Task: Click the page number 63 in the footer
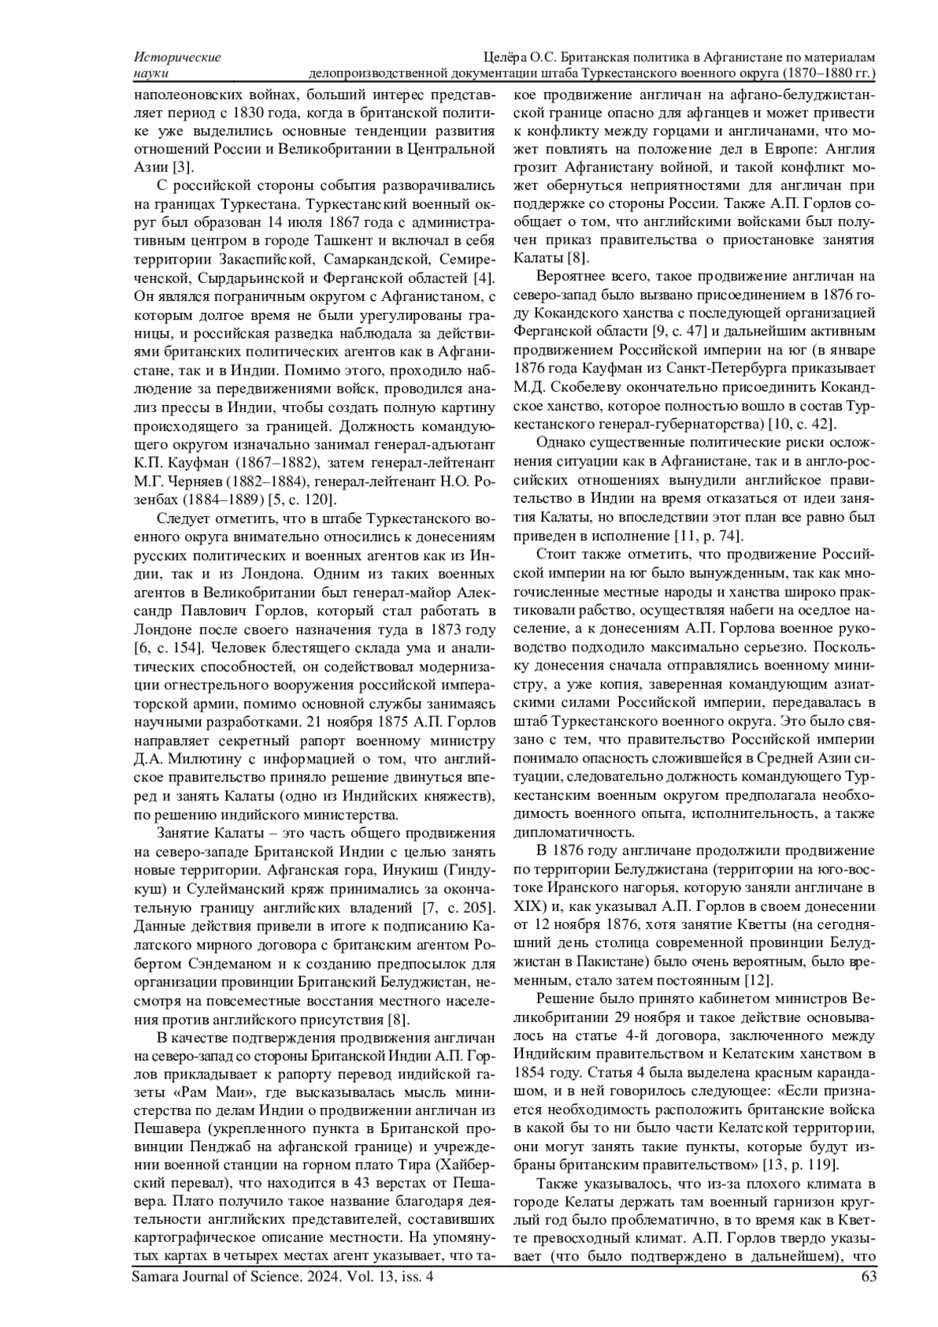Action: (x=867, y=1277)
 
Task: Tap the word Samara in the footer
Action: (x=156, y=1277)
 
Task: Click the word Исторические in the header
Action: (x=177, y=57)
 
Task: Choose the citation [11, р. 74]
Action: (x=707, y=536)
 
